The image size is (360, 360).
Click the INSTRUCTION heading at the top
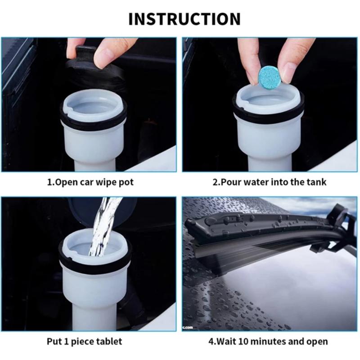click(x=184, y=19)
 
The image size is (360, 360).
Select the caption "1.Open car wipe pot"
click(x=90, y=182)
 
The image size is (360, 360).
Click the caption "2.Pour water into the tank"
click(x=269, y=182)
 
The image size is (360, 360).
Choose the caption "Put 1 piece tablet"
click(x=85, y=341)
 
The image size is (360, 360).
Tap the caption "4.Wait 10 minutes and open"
click(x=268, y=341)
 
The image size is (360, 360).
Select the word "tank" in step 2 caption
click(x=317, y=182)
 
